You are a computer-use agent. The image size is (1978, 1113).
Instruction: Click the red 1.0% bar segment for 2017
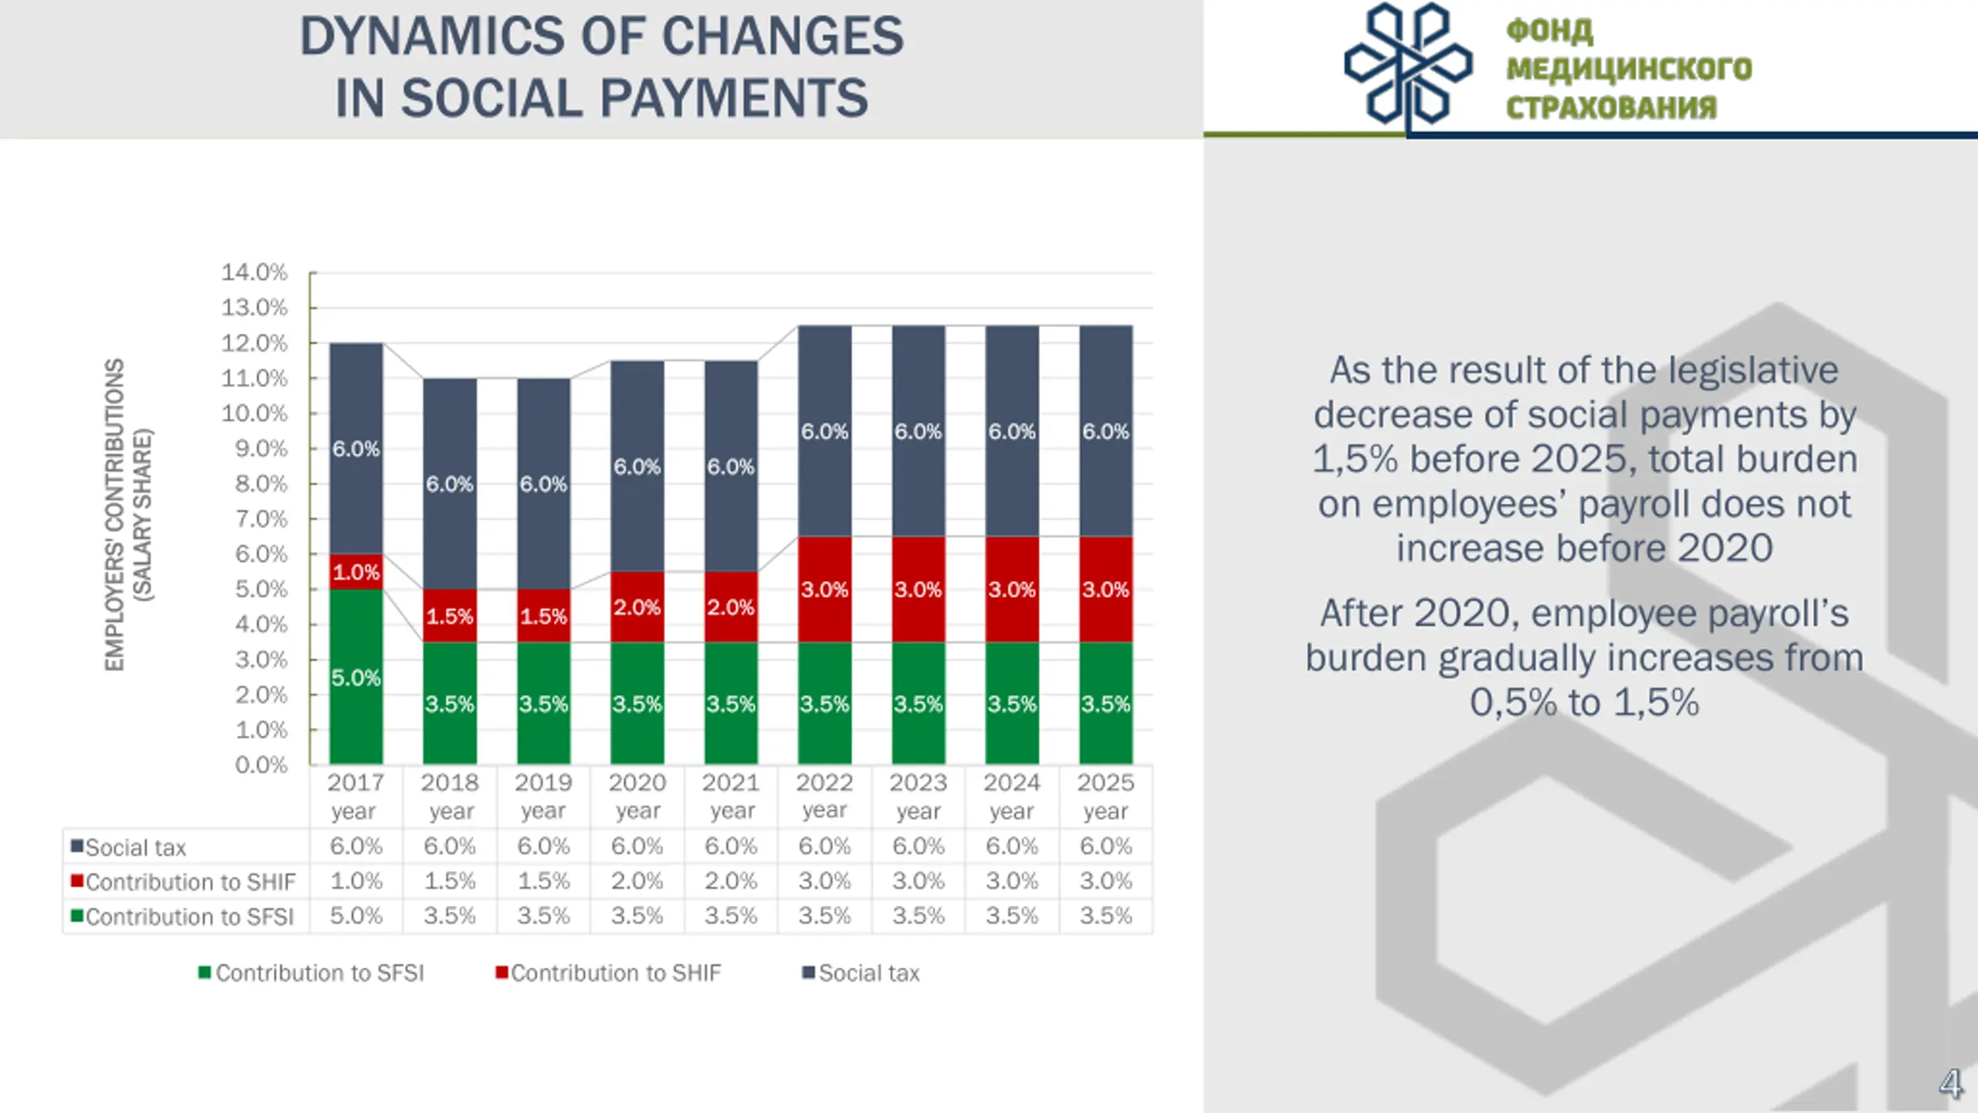(x=356, y=572)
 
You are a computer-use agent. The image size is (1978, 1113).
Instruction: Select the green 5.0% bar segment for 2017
(x=356, y=677)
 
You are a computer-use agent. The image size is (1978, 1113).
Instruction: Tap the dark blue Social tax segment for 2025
(x=1106, y=431)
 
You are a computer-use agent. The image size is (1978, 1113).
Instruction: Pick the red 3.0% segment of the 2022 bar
(x=824, y=589)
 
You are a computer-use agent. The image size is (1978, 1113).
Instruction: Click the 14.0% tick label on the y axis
(x=254, y=272)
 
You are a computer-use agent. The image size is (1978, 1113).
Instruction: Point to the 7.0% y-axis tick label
(x=261, y=519)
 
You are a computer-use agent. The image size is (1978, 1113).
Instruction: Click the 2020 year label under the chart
(x=637, y=796)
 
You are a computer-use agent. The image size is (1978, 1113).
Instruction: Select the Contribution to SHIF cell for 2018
(x=450, y=881)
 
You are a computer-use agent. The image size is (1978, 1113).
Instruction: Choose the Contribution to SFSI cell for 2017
(x=356, y=916)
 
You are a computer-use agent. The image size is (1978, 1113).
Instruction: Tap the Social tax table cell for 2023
(x=918, y=846)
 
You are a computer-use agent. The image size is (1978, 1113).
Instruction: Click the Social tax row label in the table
(x=136, y=848)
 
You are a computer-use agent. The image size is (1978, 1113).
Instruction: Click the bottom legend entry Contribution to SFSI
(x=319, y=973)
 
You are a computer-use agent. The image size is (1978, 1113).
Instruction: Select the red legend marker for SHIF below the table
(x=501, y=972)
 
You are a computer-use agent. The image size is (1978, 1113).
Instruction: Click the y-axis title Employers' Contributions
(x=114, y=515)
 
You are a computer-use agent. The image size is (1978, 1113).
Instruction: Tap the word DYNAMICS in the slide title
(x=432, y=36)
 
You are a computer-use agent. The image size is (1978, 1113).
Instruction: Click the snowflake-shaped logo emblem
(x=1408, y=64)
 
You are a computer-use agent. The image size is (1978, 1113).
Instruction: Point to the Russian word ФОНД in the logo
(x=1549, y=31)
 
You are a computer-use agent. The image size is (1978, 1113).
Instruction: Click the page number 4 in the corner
(x=1949, y=1084)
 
